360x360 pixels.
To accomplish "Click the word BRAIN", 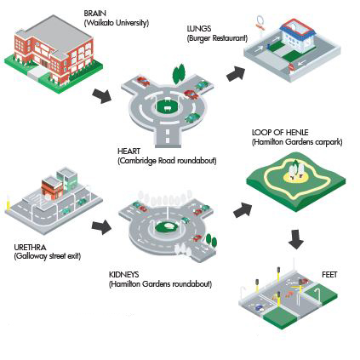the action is click(94, 14).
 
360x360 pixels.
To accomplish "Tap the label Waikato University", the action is click(117, 23).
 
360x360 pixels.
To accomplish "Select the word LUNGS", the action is click(199, 29).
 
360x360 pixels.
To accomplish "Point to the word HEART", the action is click(129, 151).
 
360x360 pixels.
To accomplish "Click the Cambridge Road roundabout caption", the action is click(167, 161).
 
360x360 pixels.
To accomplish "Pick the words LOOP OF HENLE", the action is click(280, 133).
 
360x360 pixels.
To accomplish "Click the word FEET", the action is click(329, 275).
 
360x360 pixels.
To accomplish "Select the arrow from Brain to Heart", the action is click(102, 95).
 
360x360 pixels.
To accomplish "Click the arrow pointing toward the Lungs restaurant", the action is click(236, 74).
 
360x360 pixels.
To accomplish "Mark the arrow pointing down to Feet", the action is click(296, 239).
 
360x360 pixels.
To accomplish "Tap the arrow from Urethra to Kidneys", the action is click(101, 226).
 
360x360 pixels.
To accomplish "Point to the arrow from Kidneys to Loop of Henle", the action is click(243, 210).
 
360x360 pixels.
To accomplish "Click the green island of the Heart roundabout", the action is click(168, 106).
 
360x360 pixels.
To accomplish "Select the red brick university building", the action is click(54, 51).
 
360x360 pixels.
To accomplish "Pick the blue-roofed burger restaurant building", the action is click(297, 37).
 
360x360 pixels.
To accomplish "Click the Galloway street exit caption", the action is click(48, 256).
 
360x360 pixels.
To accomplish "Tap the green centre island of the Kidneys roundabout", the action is click(168, 226).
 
